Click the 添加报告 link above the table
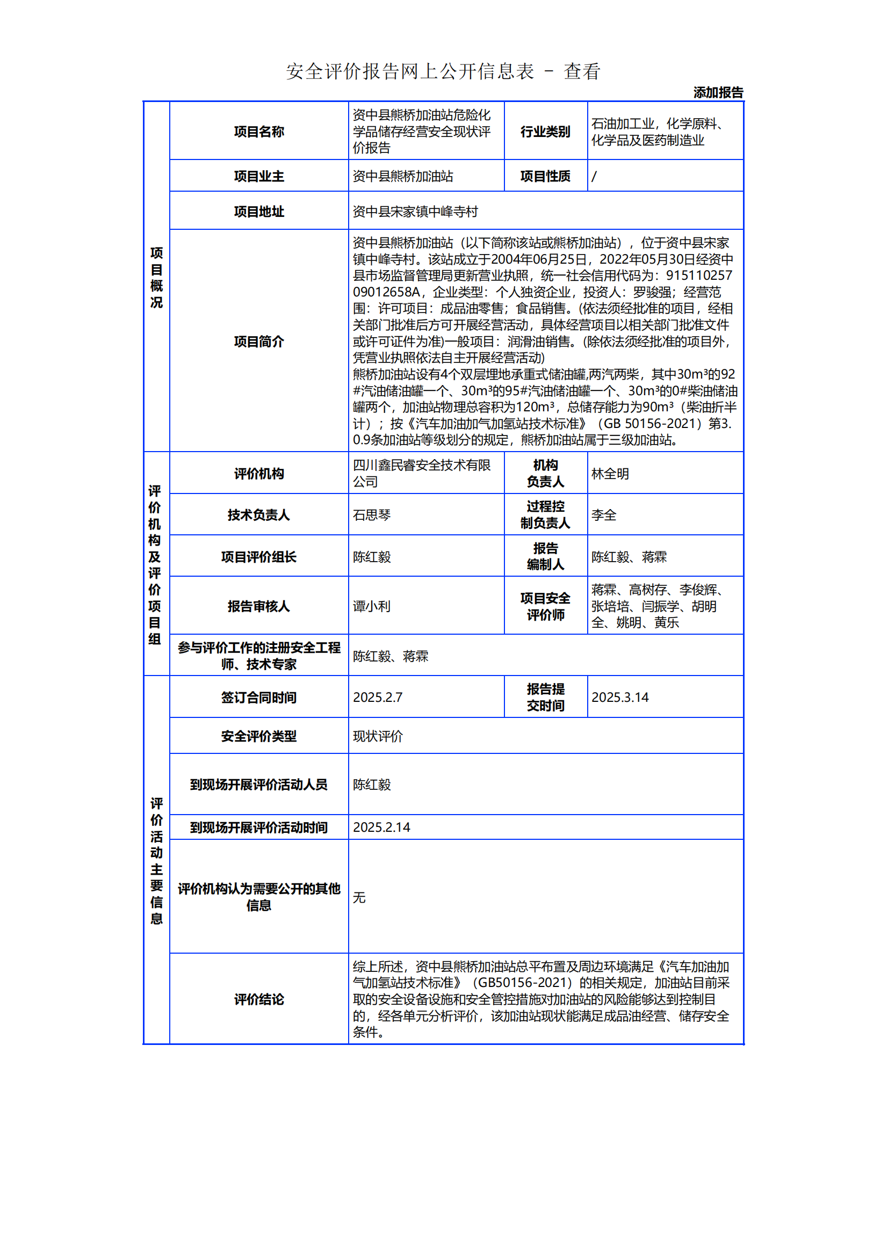pyautogui.click(x=718, y=92)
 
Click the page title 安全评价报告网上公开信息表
pyautogui.click(x=410, y=71)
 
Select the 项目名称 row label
pyautogui.click(x=259, y=132)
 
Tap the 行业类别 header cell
pyautogui.click(x=545, y=132)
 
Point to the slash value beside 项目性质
pyautogui.click(x=594, y=177)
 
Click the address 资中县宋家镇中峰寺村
pyautogui.click(x=415, y=212)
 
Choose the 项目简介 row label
pyautogui.click(x=259, y=342)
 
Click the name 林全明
pyautogui.click(x=610, y=474)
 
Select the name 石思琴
pyautogui.click(x=372, y=515)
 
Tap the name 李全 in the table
pyautogui.click(x=603, y=515)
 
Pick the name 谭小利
pyautogui.click(x=372, y=606)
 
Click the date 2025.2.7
pyautogui.click(x=378, y=698)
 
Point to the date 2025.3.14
pyautogui.click(x=620, y=698)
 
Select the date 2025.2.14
pyautogui.click(x=381, y=827)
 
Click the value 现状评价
pyautogui.click(x=378, y=736)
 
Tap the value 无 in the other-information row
pyautogui.click(x=359, y=897)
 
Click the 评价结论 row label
pyautogui.click(x=259, y=999)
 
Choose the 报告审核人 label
pyautogui.click(x=259, y=606)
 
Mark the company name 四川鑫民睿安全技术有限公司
pyautogui.click(x=421, y=473)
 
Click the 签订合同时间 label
pyautogui.click(x=259, y=698)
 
